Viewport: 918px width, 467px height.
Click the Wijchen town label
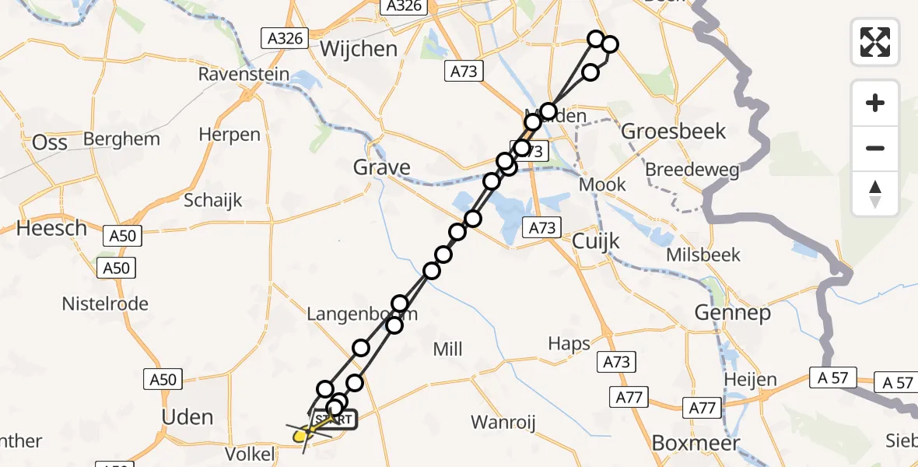coord(359,48)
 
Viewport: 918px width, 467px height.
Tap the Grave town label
coord(381,167)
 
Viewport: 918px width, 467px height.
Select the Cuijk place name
coord(596,241)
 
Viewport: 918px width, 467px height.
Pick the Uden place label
coord(187,416)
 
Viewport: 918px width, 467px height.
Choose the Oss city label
coord(50,142)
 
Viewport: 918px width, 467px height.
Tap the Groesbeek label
coord(673,131)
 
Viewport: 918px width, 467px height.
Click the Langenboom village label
coord(363,314)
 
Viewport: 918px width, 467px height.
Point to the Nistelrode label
coord(105,304)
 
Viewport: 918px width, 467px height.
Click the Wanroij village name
coord(506,423)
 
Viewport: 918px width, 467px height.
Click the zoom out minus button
coord(875,148)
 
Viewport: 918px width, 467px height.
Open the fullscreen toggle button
coord(875,41)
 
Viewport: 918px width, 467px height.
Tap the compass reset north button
coord(875,194)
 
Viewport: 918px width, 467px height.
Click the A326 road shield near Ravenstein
coord(285,37)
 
